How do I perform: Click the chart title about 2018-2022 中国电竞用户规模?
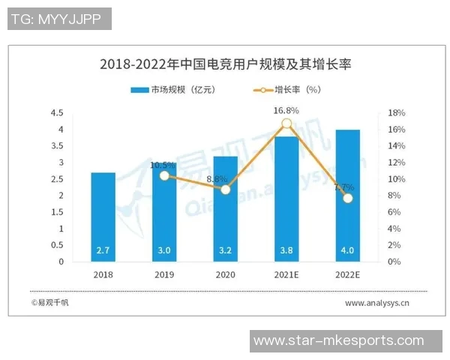coord(225,64)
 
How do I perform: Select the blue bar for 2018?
coord(103,217)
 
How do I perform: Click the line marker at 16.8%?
coord(286,124)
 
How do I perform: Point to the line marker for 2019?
coord(164,175)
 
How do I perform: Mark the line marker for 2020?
coord(225,190)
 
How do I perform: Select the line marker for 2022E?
coord(347,198)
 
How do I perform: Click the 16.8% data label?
coord(286,110)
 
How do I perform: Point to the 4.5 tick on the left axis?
coord(57,113)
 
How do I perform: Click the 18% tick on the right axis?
coord(396,113)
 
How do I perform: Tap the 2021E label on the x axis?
coord(286,274)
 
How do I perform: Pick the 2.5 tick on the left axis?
coord(57,179)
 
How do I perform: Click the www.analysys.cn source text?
coord(377,304)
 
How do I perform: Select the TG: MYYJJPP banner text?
coord(59,19)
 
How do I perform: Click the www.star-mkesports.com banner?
coord(349,340)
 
